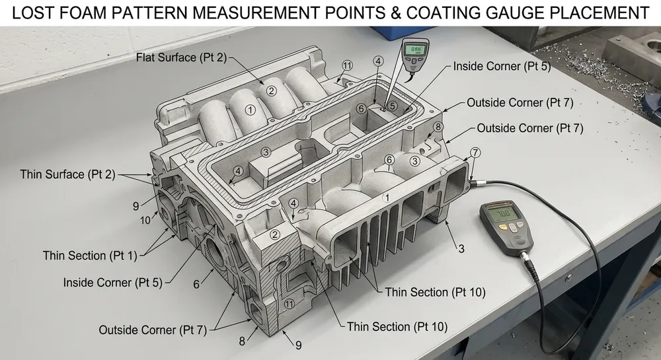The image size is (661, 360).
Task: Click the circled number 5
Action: pos(392,105)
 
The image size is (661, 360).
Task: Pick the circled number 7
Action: pos(475,153)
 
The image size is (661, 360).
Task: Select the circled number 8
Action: pos(438,127)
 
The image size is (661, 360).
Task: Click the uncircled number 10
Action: pos(145,220)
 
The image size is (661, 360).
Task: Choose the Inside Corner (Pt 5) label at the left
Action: pos(112,282)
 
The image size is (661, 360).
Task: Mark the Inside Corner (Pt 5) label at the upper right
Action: pos(502,67)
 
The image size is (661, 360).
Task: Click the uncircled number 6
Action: pos(196,283)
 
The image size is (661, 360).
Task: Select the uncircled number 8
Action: pos(242,341)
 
